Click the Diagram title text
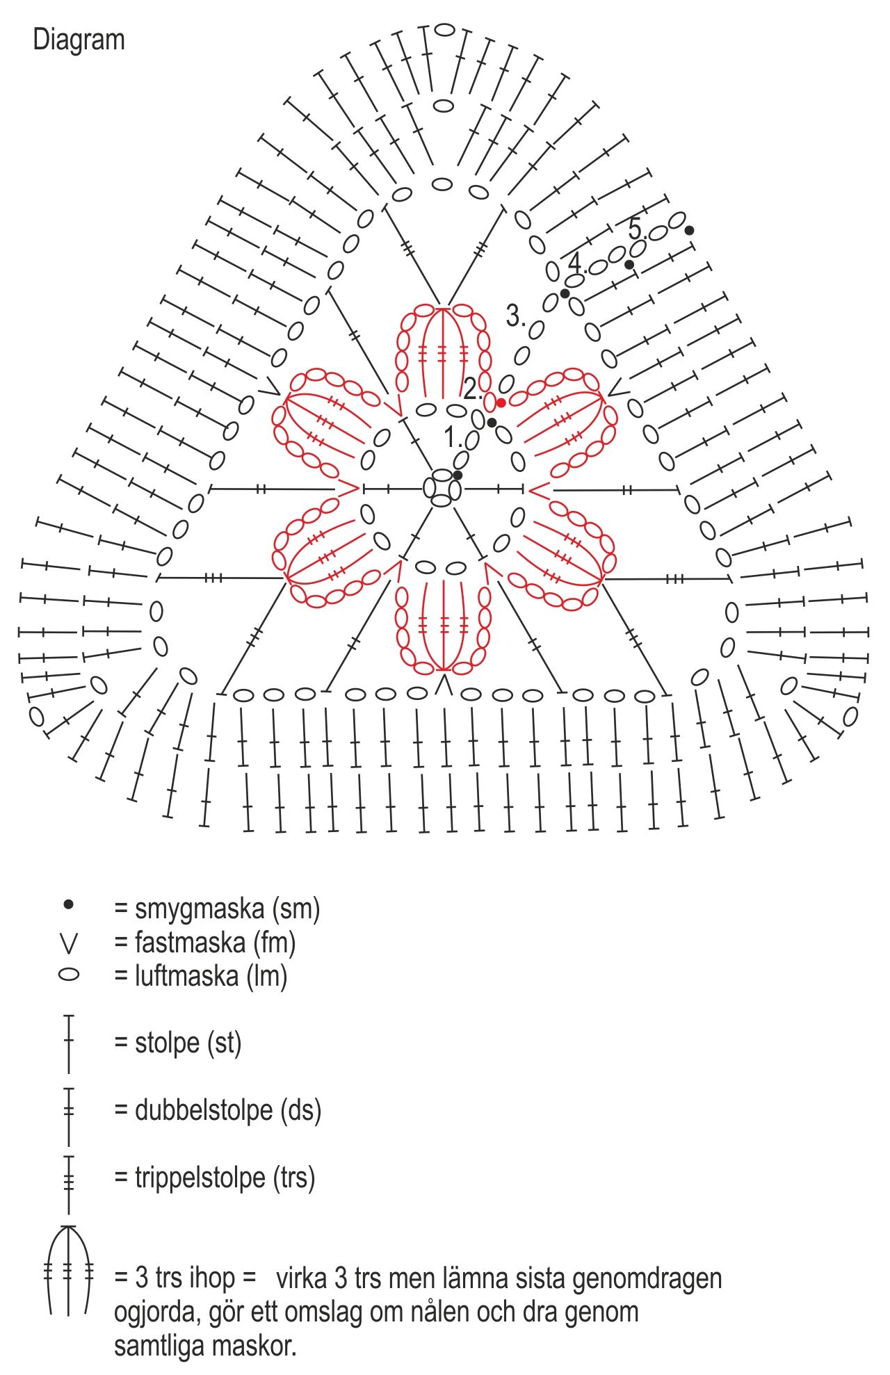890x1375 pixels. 79,40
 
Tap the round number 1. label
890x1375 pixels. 453,437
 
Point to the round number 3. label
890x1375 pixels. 515,316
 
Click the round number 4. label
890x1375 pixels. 576,263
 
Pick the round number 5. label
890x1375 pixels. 636,228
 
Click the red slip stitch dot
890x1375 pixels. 501,402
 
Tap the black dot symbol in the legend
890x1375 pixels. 68,905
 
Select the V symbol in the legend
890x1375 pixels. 69,943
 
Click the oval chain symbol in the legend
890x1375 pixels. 69,975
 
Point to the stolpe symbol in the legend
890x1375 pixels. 69,1043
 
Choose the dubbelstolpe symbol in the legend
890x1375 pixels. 69,1110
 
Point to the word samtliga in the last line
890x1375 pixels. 160,1346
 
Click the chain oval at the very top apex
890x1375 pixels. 444,30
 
